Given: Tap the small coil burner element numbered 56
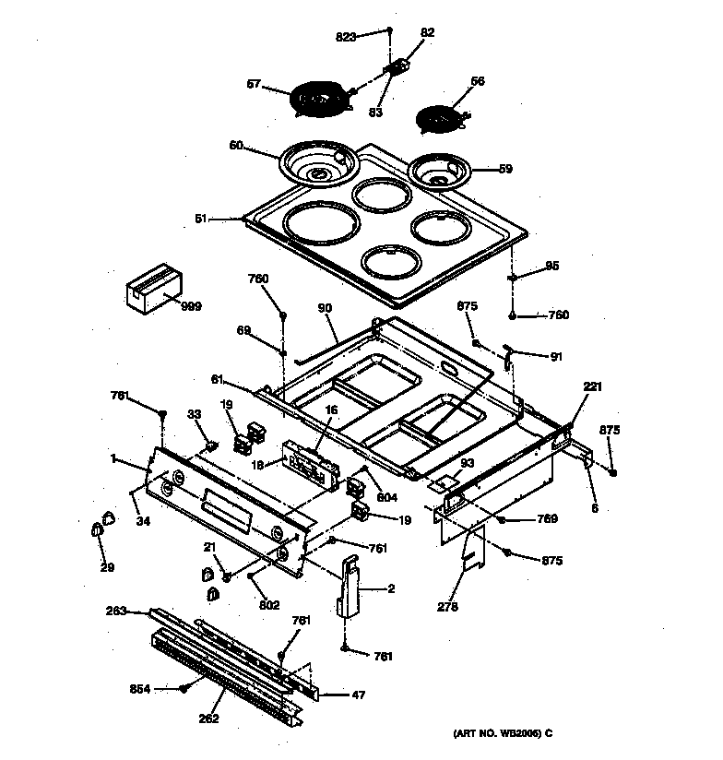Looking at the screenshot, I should [x=441, y=119].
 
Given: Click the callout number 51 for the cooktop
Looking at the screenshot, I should [x=202, y=220].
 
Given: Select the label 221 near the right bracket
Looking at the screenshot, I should [x=592, y=386].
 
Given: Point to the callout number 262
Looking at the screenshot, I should [x=208, y=718].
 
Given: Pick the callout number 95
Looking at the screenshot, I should [x=551, y=267].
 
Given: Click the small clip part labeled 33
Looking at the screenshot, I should [x=211, y=446].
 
